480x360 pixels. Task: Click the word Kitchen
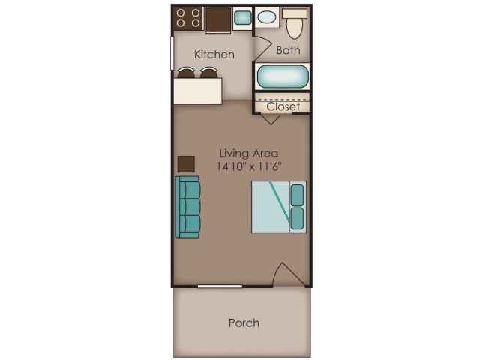[x=214, y=54]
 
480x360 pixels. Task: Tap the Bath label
[x=288, y=51]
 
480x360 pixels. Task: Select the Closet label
[x=283, y=106]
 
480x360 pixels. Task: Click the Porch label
[x=244, y=322]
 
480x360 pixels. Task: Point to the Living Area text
[x=241, y=153]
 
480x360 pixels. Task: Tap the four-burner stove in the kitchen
[x=188, y=18]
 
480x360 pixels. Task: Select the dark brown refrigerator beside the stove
[x=218, y=19]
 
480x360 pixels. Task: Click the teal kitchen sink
[x=242, y=17]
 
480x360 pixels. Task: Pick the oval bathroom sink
[x=266, y=16]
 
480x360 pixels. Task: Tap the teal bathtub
[x=282, y=76]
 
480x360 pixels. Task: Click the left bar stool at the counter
[x=186, y=73]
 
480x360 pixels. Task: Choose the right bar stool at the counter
[x=208, y=73]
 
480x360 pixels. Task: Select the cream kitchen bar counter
[x=198, y=91]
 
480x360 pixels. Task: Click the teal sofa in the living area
[x=188, y=207]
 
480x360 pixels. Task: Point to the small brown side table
[x=186, y=164]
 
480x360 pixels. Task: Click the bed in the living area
[x=278, y=207]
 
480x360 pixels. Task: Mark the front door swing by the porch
[x=287, y=275]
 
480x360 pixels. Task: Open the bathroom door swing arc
[x=262, y=46]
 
